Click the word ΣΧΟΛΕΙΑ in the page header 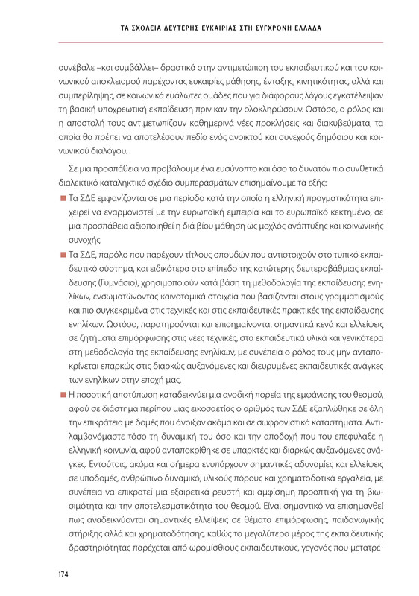pos(151,28)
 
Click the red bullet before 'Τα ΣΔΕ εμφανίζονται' pos(63,199)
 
